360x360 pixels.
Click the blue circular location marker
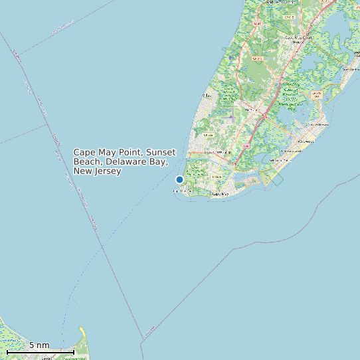[x=179, y=179]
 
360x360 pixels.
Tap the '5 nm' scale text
[x=39, y=345]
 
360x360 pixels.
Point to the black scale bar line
[x=40, y=351]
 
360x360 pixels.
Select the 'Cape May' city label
[x=220, y=195]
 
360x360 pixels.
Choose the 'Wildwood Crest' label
[x=288, y=152]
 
